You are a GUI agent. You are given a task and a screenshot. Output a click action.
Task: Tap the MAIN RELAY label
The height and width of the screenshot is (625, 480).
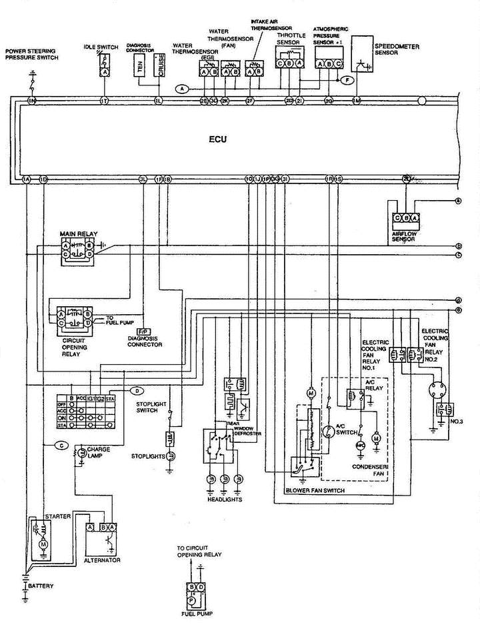pos(74,233)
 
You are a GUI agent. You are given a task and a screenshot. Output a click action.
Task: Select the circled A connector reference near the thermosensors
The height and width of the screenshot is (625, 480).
pos(182,88)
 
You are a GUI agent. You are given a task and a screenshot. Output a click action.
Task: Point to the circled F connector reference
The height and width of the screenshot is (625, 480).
pos(346,80)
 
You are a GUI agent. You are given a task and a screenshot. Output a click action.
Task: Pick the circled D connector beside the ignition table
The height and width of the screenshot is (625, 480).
pos(136,390)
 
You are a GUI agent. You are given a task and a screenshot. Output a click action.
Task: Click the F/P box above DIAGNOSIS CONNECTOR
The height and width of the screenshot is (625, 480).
pos(143,331)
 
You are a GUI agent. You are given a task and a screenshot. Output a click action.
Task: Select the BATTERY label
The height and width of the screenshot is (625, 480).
pos(41,586)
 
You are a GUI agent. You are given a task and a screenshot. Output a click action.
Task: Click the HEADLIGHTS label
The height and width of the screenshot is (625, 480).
pos(224,499)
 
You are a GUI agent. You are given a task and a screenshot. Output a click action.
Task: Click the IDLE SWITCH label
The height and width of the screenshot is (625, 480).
pos(101,47)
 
